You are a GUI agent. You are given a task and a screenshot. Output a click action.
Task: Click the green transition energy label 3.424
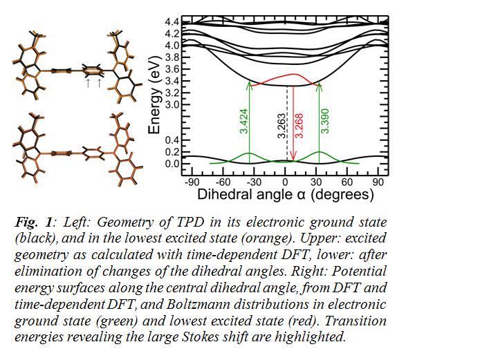click(x=244, y=121)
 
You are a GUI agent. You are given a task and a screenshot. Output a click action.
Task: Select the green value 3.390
click(x=324, y=121)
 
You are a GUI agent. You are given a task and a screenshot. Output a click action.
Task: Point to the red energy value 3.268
click(x=299, y=126)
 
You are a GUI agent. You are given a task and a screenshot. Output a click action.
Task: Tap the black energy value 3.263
click(x=282, y=126)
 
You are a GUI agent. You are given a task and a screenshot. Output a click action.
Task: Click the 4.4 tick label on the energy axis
click(x=172, y=22)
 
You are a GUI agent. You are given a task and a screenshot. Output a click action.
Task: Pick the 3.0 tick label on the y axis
click(x=172, y=104)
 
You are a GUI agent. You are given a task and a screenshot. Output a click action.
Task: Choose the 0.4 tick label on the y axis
click(x=172, y=140)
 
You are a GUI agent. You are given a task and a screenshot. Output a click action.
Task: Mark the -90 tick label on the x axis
click(x=192, y=182)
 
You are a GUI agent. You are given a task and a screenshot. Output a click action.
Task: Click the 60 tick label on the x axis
click(x=347, y=182)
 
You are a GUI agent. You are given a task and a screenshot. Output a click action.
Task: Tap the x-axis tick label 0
click(x=285, y=182)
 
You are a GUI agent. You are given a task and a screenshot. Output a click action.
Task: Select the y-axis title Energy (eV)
click(x=155, y=95)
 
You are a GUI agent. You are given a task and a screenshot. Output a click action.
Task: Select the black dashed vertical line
click(x=287, y=123)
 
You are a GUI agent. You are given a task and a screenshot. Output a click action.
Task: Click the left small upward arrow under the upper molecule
click(x=89, y=83)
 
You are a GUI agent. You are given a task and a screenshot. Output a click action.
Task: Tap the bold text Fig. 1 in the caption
click(x=33, y=222)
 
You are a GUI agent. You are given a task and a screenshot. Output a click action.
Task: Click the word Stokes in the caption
click(x=200, y=337)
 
